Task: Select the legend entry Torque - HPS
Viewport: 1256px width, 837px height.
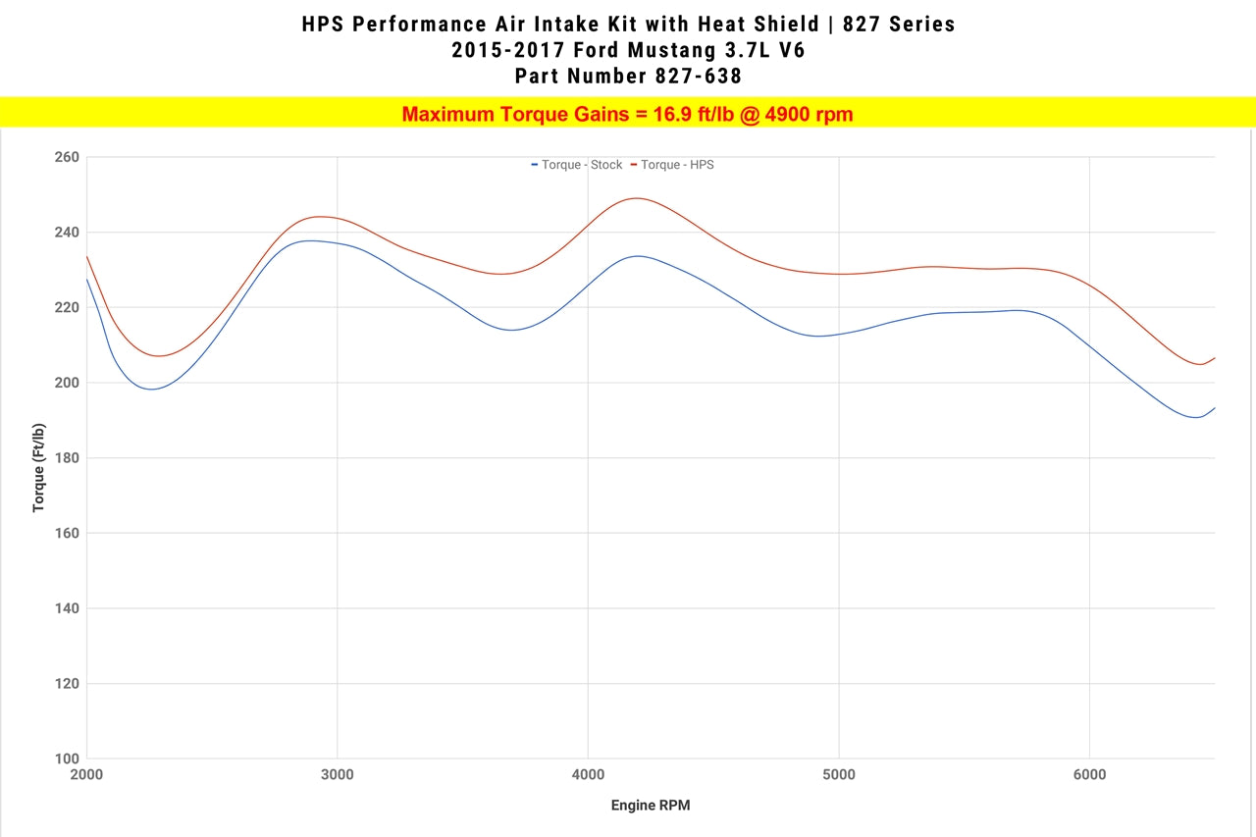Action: click(677, 165)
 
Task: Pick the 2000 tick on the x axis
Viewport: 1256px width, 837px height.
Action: click(87, 775)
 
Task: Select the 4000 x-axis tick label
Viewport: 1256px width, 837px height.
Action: click(588, 775)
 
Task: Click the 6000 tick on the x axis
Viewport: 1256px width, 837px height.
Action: click(1089, 775)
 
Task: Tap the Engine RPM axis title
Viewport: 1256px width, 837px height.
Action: click(651, 806)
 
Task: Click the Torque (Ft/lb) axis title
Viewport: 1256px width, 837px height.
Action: click(38, 467)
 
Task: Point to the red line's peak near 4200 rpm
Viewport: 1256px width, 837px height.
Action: click(637, 198)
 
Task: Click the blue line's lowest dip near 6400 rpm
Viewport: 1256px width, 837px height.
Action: click(1197, 417)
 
